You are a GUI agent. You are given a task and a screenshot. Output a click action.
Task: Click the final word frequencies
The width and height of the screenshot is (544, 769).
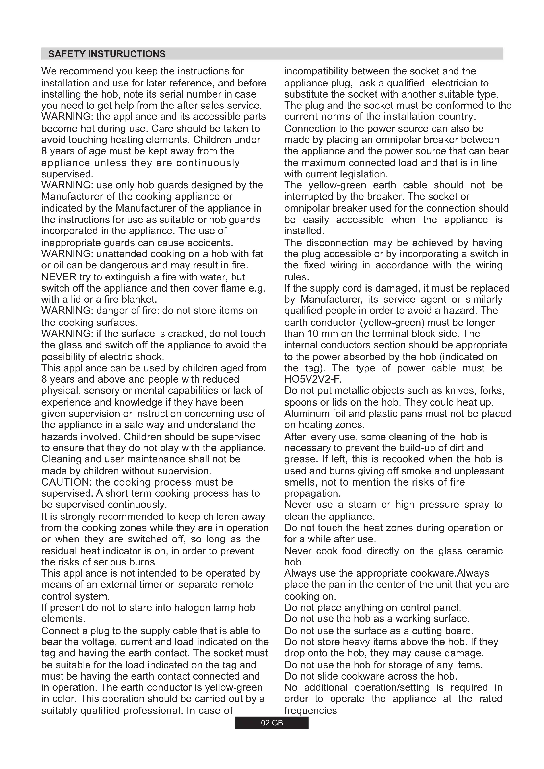[x=310, y=710]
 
